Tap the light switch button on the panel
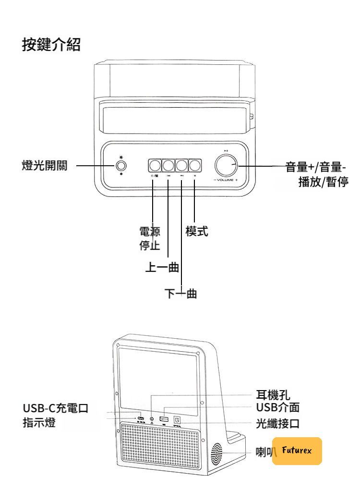121,166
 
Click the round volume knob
227,165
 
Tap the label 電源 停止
146,237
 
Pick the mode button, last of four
194,166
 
